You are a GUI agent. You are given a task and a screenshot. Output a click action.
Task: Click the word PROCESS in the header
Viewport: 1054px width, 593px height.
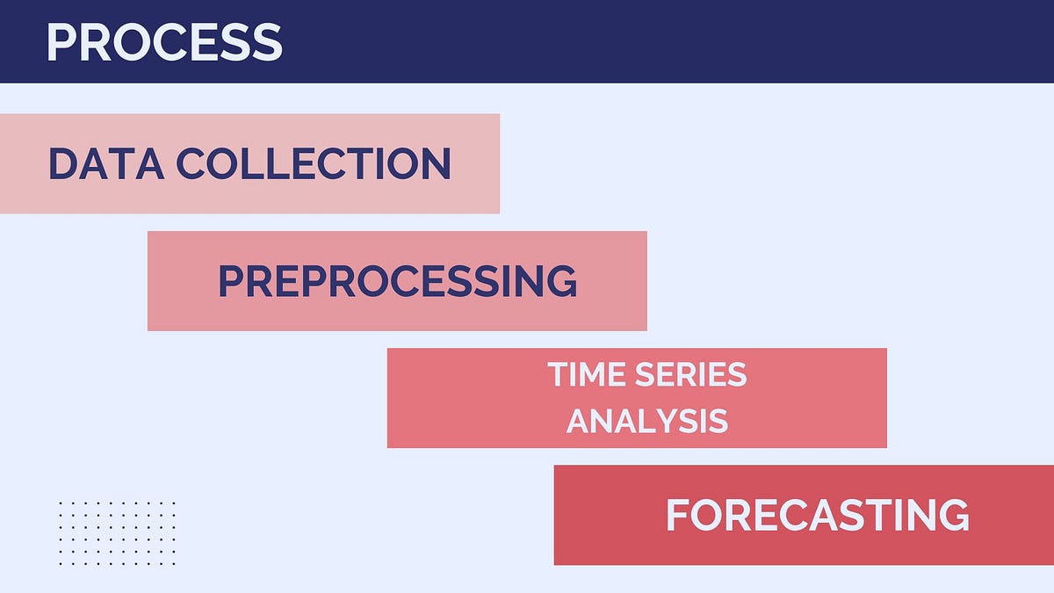pyautogui.click(x=163, y=41)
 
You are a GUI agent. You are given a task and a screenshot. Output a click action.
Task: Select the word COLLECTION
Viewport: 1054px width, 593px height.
pyautogui.click(x=314, y=163)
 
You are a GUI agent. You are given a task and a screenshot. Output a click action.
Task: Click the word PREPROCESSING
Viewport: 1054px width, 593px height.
pyautogui.click(x=397, y=281)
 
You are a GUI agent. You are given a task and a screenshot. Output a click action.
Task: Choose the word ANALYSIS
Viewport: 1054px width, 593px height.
pyautogui.click(x=647, y=421)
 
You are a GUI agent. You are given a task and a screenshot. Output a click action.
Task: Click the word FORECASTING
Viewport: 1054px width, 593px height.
pyautogui.click(x=817, y=515)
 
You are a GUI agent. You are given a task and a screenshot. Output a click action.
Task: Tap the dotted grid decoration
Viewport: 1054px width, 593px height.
pyautogui.click(x=118, y=533)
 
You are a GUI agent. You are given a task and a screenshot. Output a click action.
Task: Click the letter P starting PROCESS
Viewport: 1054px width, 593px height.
pyautogui.click(x=60, y=41)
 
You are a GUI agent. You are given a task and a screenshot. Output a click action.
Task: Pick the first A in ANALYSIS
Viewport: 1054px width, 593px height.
pyautogui.click(x=580, y=421)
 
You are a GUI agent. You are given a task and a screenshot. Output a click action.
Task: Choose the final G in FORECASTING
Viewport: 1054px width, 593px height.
pyautogui.click(x=953, y=515)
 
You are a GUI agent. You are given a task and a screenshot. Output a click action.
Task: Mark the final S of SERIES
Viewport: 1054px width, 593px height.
pyautogui.click(x=736, y=375)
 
